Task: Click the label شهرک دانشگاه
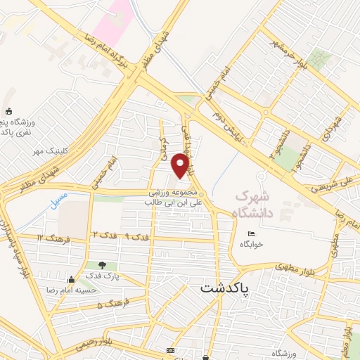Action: coord(257,201)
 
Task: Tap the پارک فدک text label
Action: coord(104,276)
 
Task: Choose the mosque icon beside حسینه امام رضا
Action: coord(70,279)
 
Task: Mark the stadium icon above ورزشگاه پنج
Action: coord(8,111)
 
